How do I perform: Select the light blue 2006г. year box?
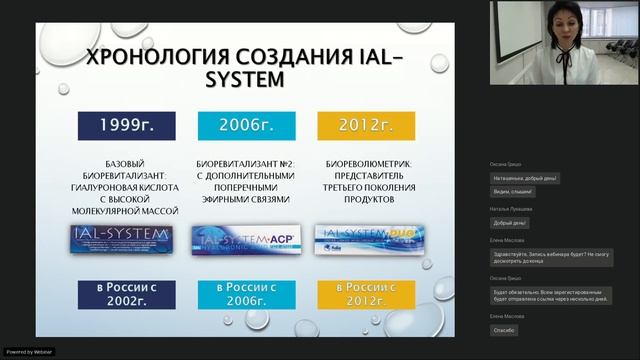pos(237,126)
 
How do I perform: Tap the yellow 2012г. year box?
pos(352,126)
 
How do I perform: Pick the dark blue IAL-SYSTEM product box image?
pos(125,238)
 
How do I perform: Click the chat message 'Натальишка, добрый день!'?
pos(524,178)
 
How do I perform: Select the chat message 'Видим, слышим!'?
pos(513,191)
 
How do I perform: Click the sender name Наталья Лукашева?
pos(510,208)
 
